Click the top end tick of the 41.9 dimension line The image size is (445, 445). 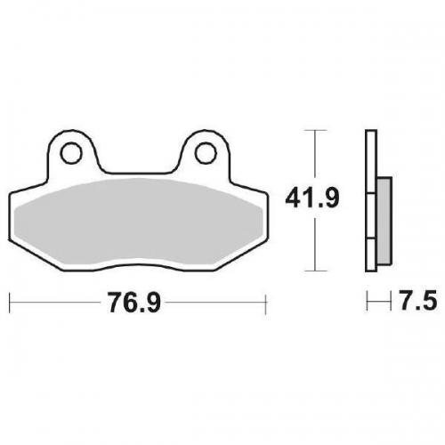coord(310,130)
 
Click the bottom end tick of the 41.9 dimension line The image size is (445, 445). coord(310,270)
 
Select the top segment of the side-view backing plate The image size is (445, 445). coord(368,160)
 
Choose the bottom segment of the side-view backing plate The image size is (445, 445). coord(368,254)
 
